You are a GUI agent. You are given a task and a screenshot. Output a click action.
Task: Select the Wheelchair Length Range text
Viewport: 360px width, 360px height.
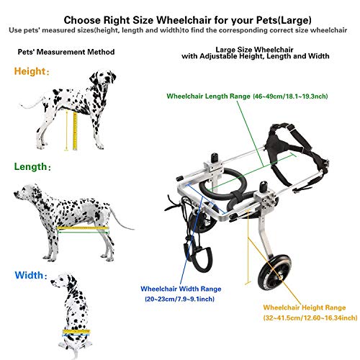pyautogui.click(x=237, y=96)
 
